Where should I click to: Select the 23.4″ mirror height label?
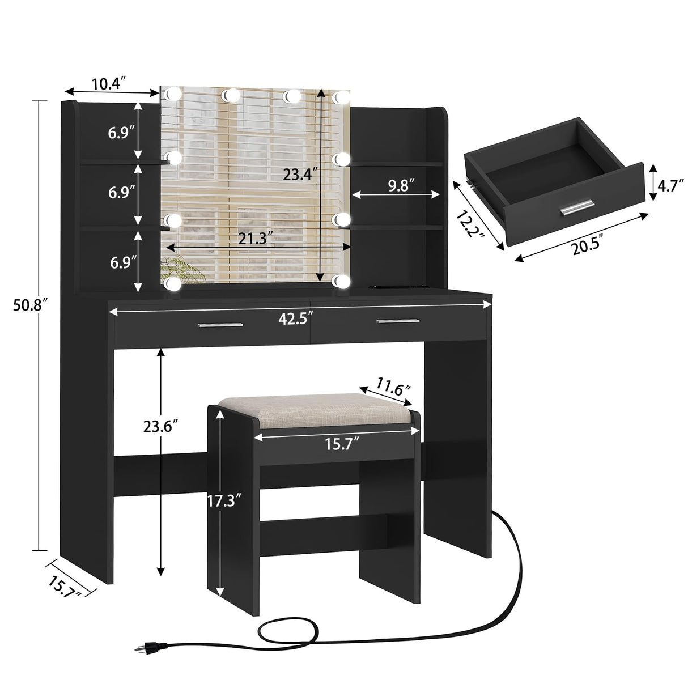(x=298, y=175)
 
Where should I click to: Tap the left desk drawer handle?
(x=220, y=325)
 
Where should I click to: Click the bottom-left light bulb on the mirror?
(x=173, y=282)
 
